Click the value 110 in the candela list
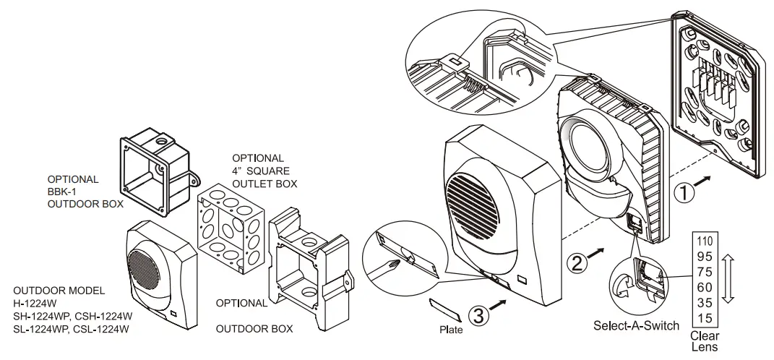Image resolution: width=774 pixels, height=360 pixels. [x=704, y=241]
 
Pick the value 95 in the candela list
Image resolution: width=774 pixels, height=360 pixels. [x=704, y=256]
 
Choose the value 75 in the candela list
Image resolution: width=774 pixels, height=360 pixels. [x=704, y=271]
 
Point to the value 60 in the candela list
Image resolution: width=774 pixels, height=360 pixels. [x=704, y=286]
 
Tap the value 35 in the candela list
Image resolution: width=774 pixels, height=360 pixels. [x=704, y=301]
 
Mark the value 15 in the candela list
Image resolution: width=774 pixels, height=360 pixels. [x=704, y=317]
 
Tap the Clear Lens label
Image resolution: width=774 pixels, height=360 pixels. [x=705, y=340]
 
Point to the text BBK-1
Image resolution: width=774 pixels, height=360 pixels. [x=62, y=192]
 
